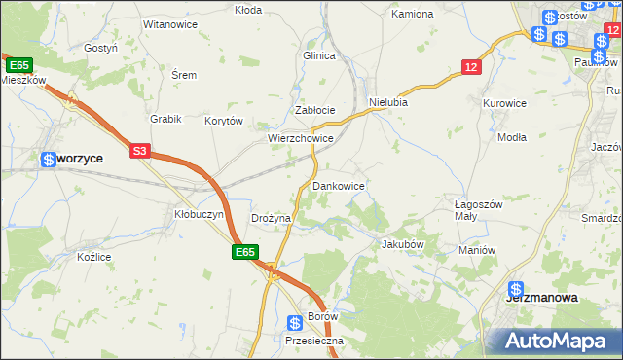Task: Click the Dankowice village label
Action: coord(339,185)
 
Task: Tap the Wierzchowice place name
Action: coord(301,139)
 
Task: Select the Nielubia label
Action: coord(387,101)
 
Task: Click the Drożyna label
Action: coord(271,219)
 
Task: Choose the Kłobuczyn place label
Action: coord(199,214)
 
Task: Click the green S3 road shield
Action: coord(140,151)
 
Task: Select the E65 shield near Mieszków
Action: coord(18,64)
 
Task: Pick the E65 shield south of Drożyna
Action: coord(244,252)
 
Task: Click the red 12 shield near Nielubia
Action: coord(471,66)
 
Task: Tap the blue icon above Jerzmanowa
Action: coord(516,290)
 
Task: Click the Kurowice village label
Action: coord(504,102)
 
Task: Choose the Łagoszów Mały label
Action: coord(478,211)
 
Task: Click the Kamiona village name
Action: coord(411,15)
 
